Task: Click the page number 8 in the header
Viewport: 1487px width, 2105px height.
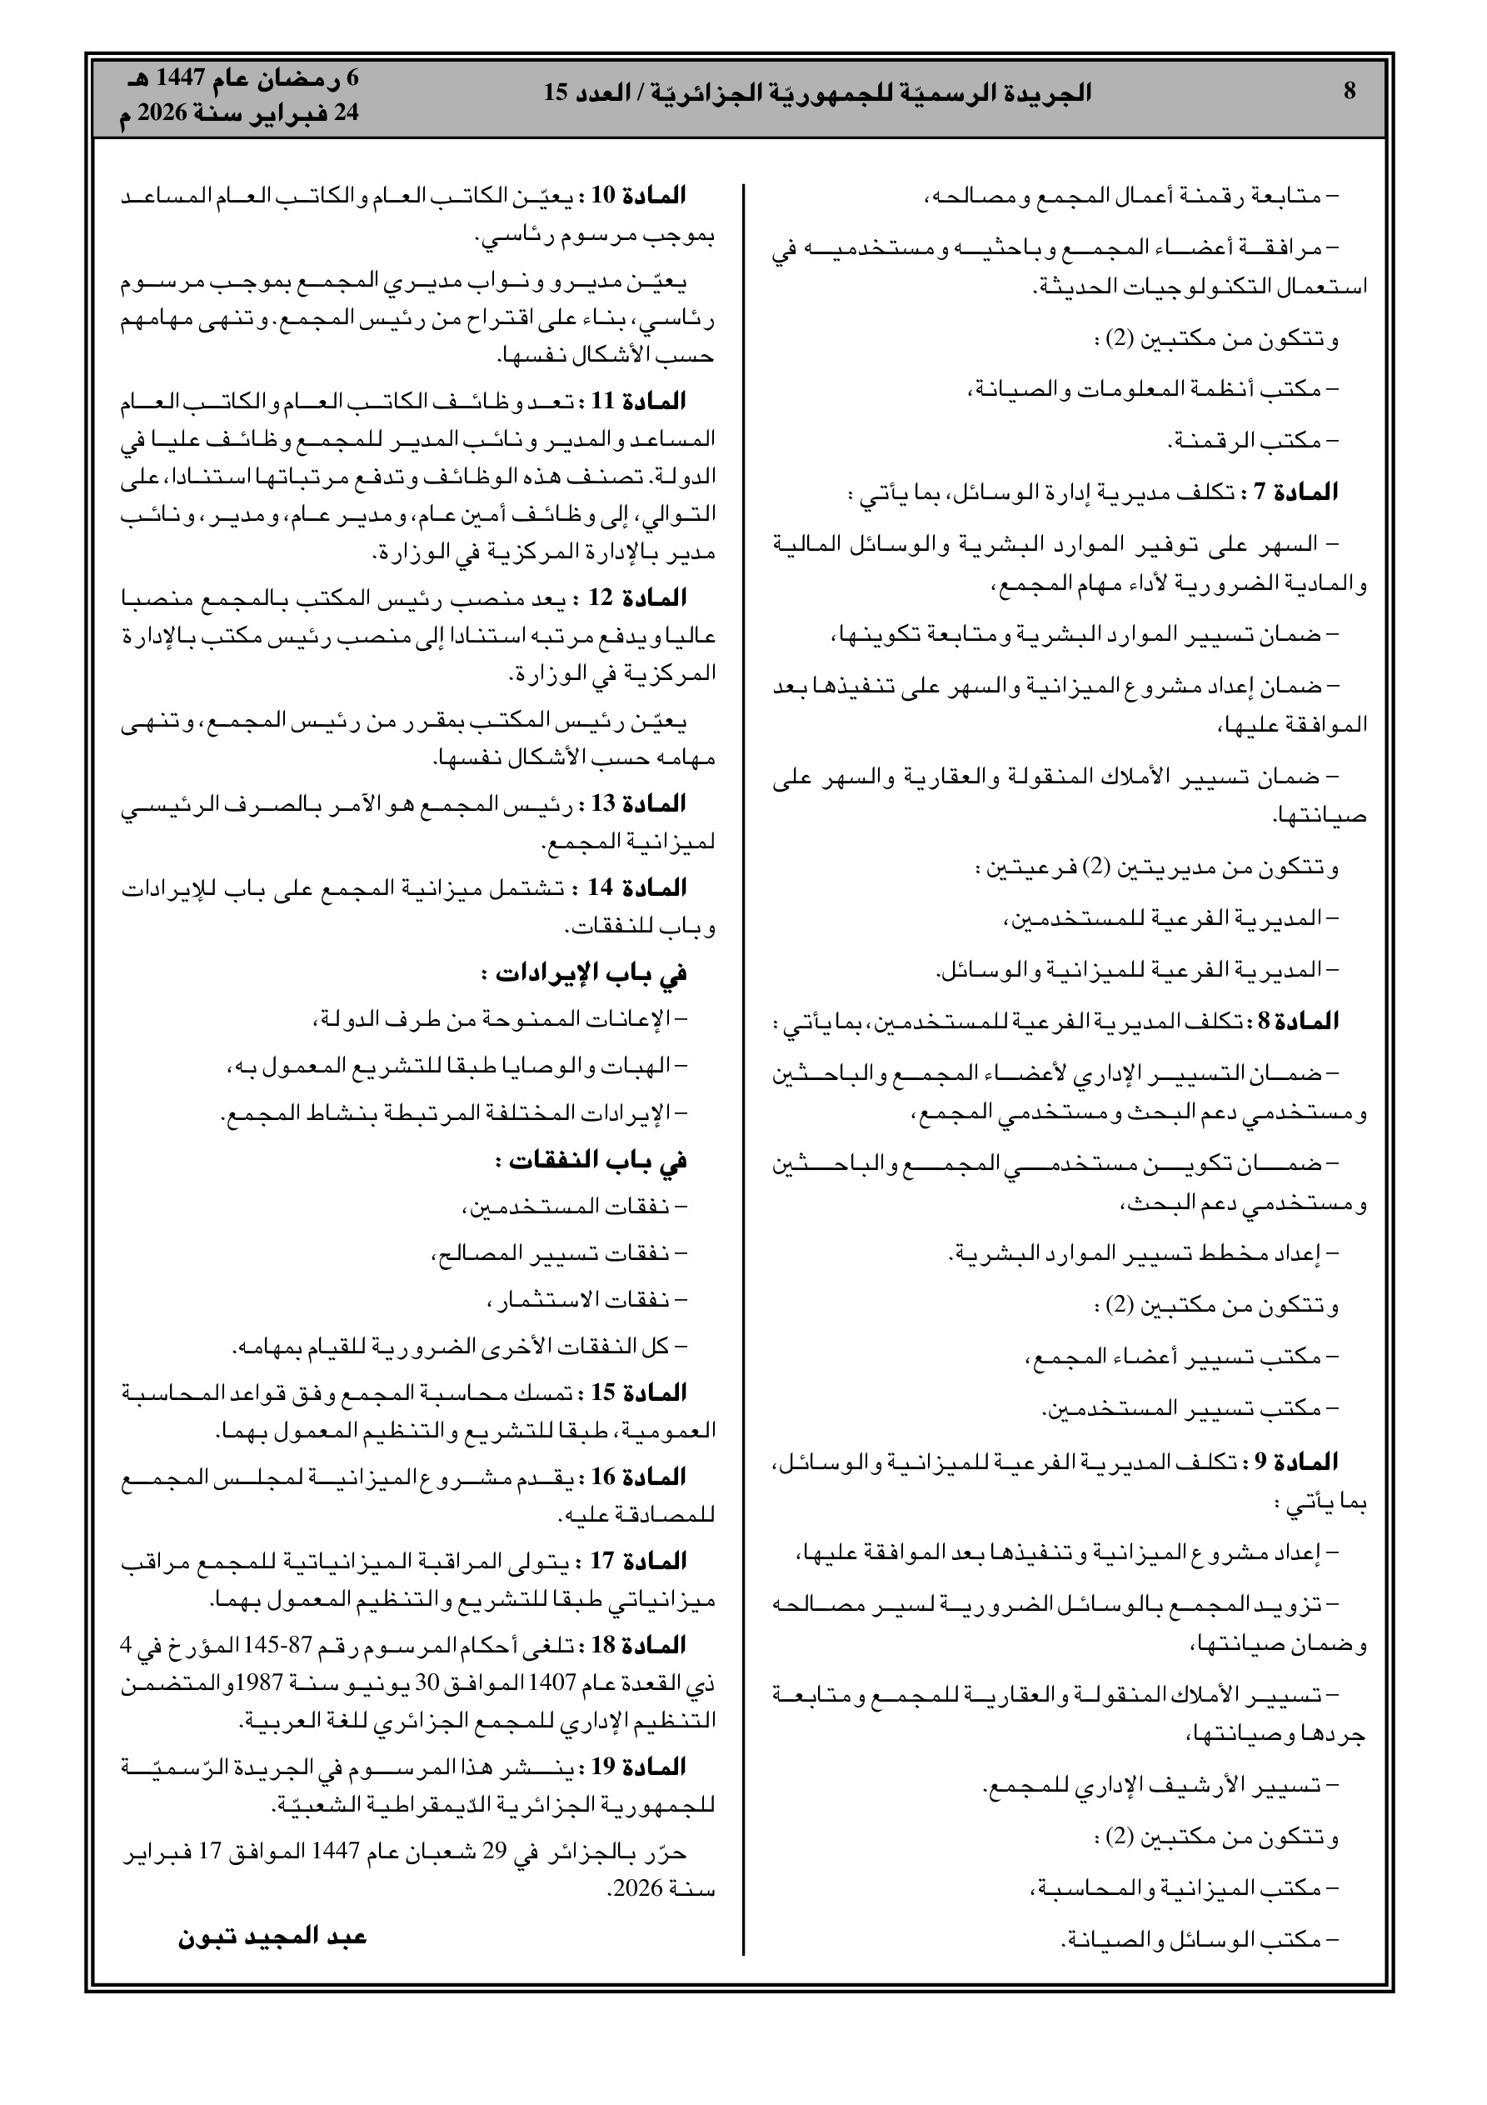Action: (x=1349, y=91)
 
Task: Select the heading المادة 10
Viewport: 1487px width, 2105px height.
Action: (x=639, y=195)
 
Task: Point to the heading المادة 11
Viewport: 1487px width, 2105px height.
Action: (x=639, y=401)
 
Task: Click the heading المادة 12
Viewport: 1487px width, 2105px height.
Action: (x=638, y=597)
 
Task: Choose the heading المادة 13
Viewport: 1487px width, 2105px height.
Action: (x=638, y=804)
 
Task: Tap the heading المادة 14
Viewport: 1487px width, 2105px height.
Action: (x=638, y=887)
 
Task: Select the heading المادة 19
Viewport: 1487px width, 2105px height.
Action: (x=639, y=1767)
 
